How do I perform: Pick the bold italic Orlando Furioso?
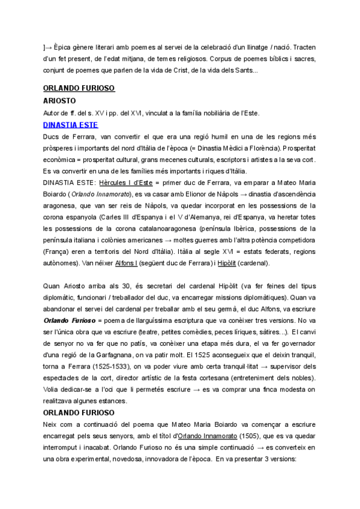(67, 320)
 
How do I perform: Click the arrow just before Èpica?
(49, 47)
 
